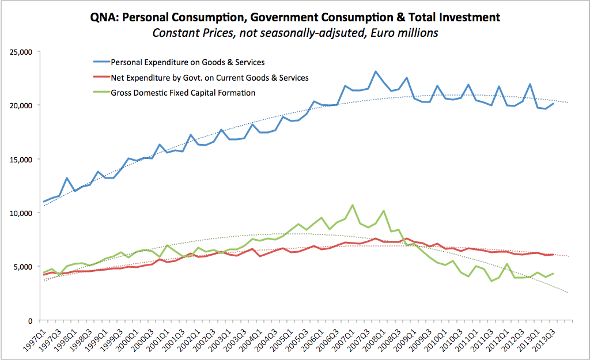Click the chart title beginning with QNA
coord(295,17)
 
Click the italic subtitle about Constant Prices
coord(295,33)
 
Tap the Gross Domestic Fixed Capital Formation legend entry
coord(183,92)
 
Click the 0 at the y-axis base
coord(29,321)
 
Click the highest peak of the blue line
coord(376,72)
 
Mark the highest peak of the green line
coord(353,205)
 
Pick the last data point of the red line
coord(553,255)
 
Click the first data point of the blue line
coord(44,202)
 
